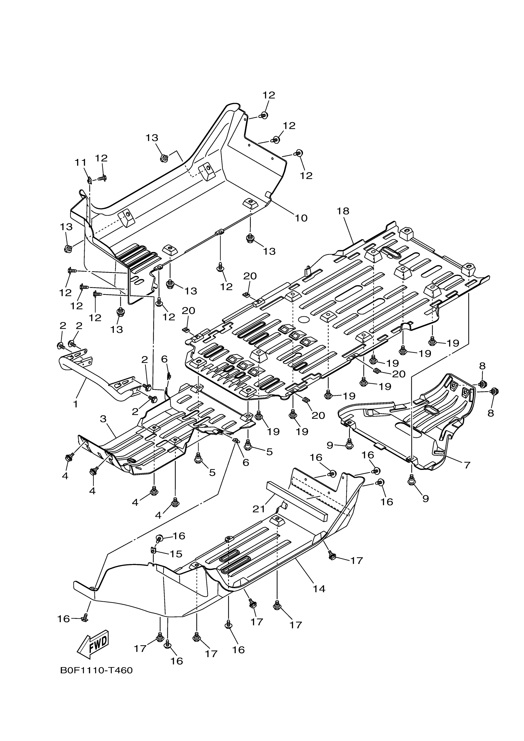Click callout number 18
pyautogui.click(x=343, y=211)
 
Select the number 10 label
pyautogui.click(x=301, y=218)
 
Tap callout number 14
pyautogui.click(x=319, y=589)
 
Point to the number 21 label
pyautogui.click(x=259, y=509)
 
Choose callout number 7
pyautogui.click(x=467, y=465)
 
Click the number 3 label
pyautogui.click(x=103, y=419)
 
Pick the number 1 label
pyautogui.click(x=76, y=404)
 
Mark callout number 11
pyautogui.click(x=81, y=163)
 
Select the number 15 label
pyautogui.click(x=176, y=554)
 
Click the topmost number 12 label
pyautogui.click(x=268, y=95)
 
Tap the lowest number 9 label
pyautogui.click(x=426, y=499)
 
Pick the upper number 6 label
pyautogui.click(x=164, y=359)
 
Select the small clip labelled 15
pyautogui.click(x=154, y=549)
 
